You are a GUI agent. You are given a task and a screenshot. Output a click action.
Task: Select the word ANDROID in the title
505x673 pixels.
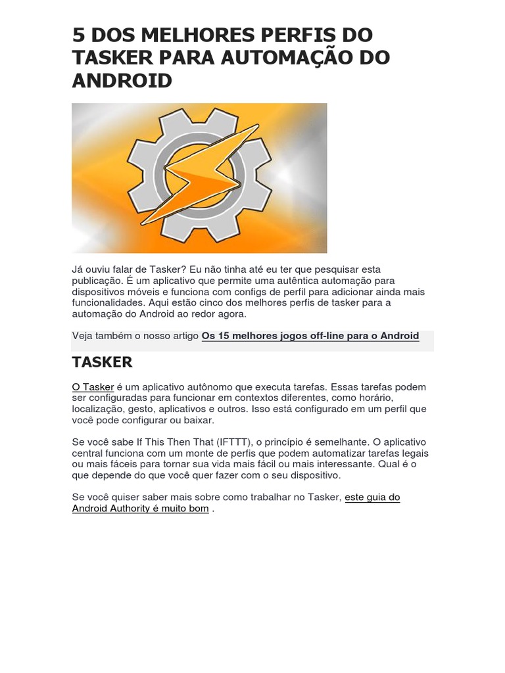click(122, 81)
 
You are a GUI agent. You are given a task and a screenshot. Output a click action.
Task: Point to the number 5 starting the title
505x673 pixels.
click(79, 35)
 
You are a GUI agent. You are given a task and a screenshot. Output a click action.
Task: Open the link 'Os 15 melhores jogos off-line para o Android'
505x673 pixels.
click(310, 336)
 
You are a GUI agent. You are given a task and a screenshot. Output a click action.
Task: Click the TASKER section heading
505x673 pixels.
click(102, 362)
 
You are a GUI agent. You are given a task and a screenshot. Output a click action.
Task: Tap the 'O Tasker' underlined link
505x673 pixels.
click(93, 387)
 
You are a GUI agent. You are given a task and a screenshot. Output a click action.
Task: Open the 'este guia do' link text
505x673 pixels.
click(372, 498)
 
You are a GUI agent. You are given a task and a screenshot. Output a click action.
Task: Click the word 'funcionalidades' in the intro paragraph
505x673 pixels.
click(108, 303)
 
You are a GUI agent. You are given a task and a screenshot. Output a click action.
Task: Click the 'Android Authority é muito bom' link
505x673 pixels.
click(140, 509)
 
